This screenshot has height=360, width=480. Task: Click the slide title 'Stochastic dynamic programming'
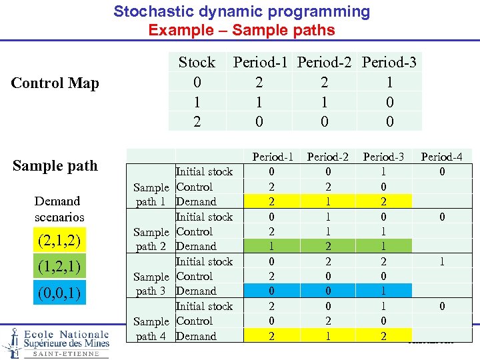pyautogui.click(x=241, y=11)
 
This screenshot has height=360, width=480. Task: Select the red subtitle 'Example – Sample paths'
pyautogui.click(x=241, y=30)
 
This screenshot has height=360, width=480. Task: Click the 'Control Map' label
pyautogui.click(x=55, y=83)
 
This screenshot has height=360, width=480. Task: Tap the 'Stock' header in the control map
pyautogui.click(x=197, y=62)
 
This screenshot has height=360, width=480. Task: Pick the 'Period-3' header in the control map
pyautogui.click(x=389, y=62)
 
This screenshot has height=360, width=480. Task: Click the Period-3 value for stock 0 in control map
pyautogui.click(x=389, y=83)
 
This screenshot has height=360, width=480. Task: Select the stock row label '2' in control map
pyautogui.click(x=197, y=122)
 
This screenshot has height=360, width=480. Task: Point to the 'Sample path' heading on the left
pyautogui.click(x=55, y=165)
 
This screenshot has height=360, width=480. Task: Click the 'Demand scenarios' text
pyautogui.click(x=59, y=209)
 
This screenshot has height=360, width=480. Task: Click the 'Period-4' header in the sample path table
pyautogui.click(x=441, y=157)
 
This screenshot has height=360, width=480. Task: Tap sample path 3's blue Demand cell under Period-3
pyautogui.click(x=383, y=291)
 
